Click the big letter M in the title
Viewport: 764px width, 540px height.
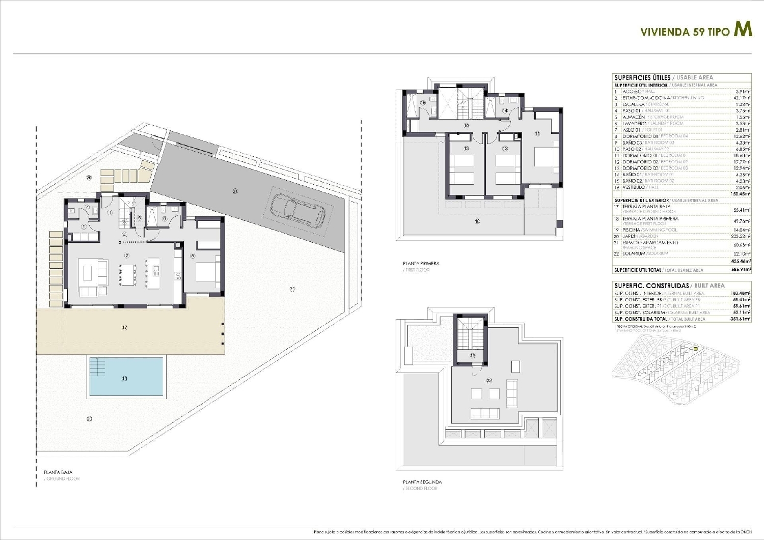[x=743, y=30]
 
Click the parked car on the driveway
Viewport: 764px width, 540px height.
[x=298, y=210]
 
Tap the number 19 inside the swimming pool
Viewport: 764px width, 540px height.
[x=124, y=379]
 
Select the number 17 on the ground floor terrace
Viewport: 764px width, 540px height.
[x=124, y=327]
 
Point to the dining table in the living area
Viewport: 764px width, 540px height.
[x=128, y=274]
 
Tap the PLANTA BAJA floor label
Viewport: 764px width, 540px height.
[x=58, y=472]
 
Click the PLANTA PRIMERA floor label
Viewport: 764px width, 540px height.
[x=421, y=264]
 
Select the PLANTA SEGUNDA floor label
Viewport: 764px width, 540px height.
[x=422, y=482]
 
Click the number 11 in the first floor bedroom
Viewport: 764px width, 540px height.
[x=537, y=133]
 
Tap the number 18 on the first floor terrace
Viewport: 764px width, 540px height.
[x=477, y=221]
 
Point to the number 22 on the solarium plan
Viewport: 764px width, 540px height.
[x=489, y=380]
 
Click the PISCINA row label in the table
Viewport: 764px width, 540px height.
[x=634, y=230]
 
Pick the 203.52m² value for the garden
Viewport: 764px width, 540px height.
[x=741, y=237]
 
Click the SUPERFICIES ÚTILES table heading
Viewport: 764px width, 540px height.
[x=643, y=78]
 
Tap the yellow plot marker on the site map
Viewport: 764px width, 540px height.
[x=695, y=349]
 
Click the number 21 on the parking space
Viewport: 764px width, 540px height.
[x=235, y=191]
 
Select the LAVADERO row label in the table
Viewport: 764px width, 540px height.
[x=634, y=124]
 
